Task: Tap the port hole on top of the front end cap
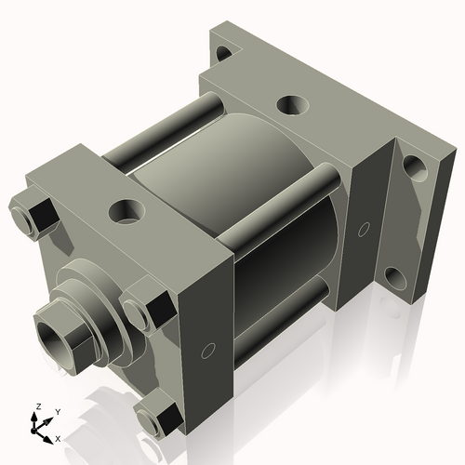coord(124,209)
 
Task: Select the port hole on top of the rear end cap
coord(290,103)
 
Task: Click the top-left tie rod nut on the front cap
coord(33,215)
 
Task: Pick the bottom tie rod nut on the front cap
coord(156,416)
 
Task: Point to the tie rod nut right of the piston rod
coord(148,308)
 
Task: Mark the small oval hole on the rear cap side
coord(364,229)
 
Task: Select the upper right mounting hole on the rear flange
coord(412,173)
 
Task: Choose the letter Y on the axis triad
coord(57,410)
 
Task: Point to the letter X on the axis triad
coord(59,437)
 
